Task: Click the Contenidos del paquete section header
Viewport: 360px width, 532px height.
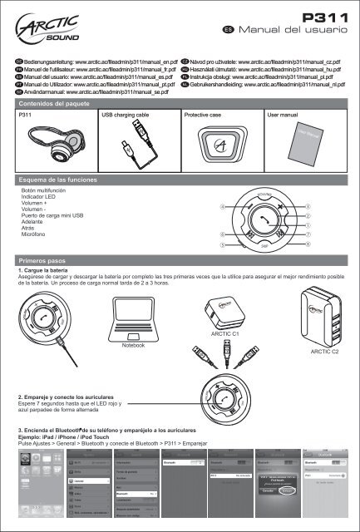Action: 56,105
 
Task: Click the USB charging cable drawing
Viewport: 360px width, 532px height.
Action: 137,145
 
